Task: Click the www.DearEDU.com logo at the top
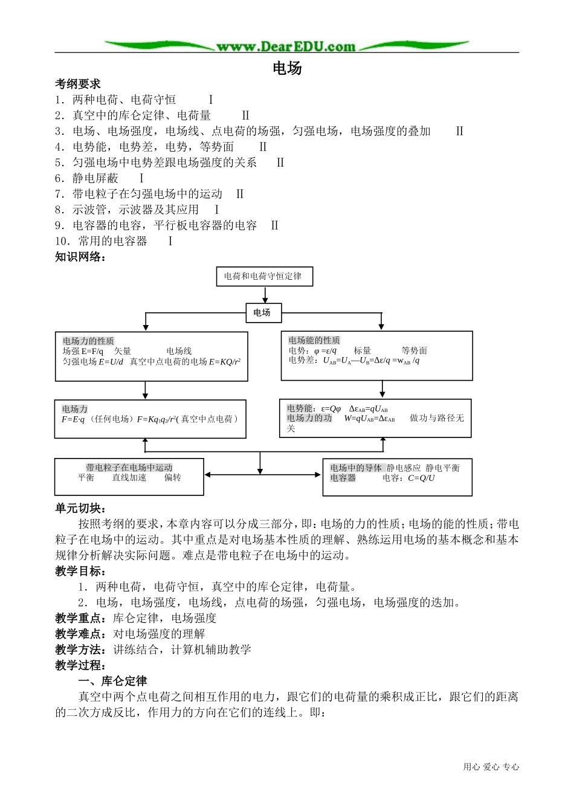coord(286,46)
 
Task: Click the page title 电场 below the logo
coord(287,68)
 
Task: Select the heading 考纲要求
coord(78,84)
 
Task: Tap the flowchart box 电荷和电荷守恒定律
coord(263,276)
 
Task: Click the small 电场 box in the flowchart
coord(262,312)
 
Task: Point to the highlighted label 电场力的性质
coord(88,341)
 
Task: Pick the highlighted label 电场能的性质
coord(314,340)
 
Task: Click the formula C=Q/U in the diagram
coord(421,478)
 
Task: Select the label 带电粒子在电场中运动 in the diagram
coord(129,468)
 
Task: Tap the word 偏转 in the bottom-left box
coord(173,477)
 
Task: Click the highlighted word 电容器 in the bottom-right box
coord(343,478)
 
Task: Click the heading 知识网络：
coord(81,257)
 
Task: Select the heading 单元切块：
coord(81,508)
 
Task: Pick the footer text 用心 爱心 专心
coord(491,767)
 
